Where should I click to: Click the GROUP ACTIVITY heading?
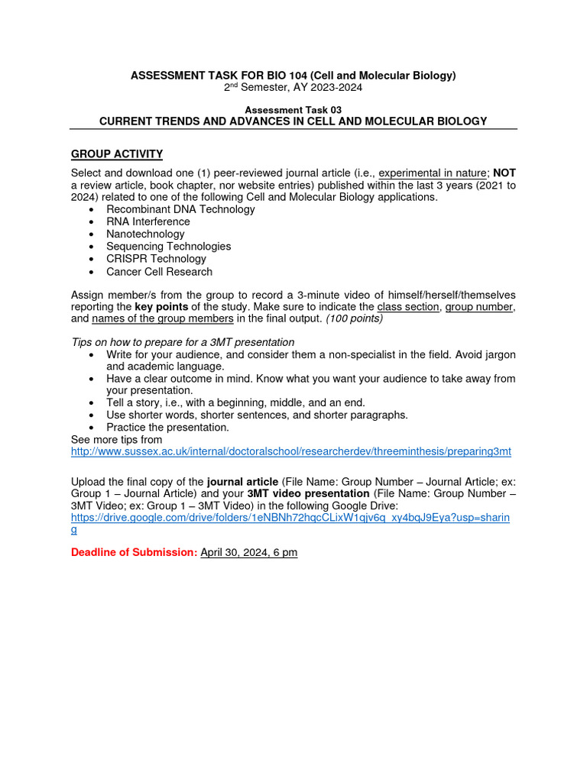tap(116, 154)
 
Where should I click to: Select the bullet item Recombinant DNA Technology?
tap(180, 209)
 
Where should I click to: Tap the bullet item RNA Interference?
tap(148, 221)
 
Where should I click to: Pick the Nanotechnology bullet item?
tap(145, 234)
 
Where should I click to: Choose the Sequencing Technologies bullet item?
tap(168, 247)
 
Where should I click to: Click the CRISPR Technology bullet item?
tap(156, 259)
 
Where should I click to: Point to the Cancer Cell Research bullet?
tap(159, 271)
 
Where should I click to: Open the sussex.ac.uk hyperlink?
tap(290, 451)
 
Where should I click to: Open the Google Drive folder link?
tap(290, 517)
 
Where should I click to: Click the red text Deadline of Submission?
tap(134, 552)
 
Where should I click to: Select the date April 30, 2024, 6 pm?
tap(248, 552)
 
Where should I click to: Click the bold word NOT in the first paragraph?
tap(504, 173)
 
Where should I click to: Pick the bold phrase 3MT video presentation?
tap(308, 493)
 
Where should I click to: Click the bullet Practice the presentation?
tap(167, 427)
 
